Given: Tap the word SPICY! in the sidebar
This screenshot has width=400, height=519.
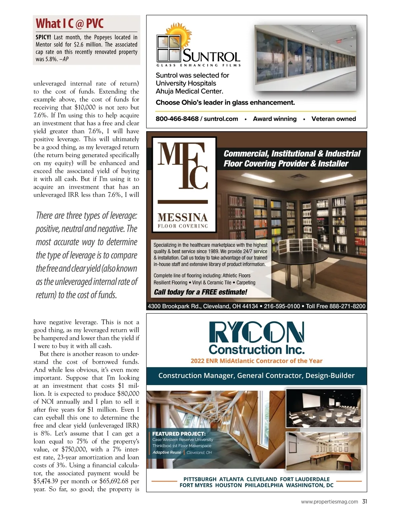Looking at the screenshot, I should pyautogui.click(x=43, y=37).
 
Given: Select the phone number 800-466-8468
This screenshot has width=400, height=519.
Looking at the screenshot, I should pyautogui.click(x=177, y=119).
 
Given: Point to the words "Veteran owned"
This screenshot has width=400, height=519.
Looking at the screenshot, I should pyautogui.click(x=333, y=119).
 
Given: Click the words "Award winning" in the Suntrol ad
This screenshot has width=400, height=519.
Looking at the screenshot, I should pyautogui.click(x=274, y=119).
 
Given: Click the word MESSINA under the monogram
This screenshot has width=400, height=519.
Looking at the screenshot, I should pyautogui.click(x=183, y=218).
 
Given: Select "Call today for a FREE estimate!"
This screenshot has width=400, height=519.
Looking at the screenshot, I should pyautogui.click(x=200, y=292).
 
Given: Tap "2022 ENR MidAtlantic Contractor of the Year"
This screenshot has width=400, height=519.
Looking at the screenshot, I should pyautogui.click(x=256, y=361).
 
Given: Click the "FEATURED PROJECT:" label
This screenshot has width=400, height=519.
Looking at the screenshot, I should pyautogui.click(x=179, y=434).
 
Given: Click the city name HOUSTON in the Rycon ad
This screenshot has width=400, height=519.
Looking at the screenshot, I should pyautogui.click(x=228, y=485).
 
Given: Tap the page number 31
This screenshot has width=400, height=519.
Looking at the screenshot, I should pyautogui.click(x=364, y=501).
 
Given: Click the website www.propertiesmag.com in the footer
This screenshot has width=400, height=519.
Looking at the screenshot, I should pyautogui.click(x=329, y=502).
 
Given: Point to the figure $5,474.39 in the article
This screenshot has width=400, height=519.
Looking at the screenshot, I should pyautogui.click(x=46, y=481).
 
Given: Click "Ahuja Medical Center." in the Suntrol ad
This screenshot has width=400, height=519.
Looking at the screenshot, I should pyautogui.click(x=189, y=91).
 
